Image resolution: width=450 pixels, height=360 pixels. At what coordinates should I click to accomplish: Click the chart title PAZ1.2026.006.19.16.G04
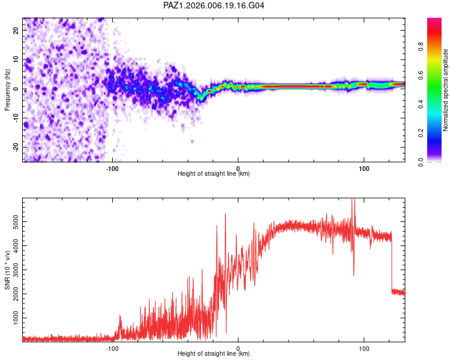pos(214,6)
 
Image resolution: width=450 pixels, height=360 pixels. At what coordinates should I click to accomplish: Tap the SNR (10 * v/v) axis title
pos(7,270)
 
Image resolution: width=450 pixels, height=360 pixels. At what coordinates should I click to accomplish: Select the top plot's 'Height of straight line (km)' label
pos(214,174)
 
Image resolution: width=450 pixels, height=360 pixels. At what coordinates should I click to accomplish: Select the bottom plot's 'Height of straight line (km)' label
pos(214,354)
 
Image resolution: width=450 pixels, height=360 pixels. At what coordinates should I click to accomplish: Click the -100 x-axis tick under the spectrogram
pos(112,169)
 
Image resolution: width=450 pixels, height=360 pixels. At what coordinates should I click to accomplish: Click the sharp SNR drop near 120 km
pos(391,264)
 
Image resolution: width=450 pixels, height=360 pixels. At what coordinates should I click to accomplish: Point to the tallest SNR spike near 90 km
pos(353,201)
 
